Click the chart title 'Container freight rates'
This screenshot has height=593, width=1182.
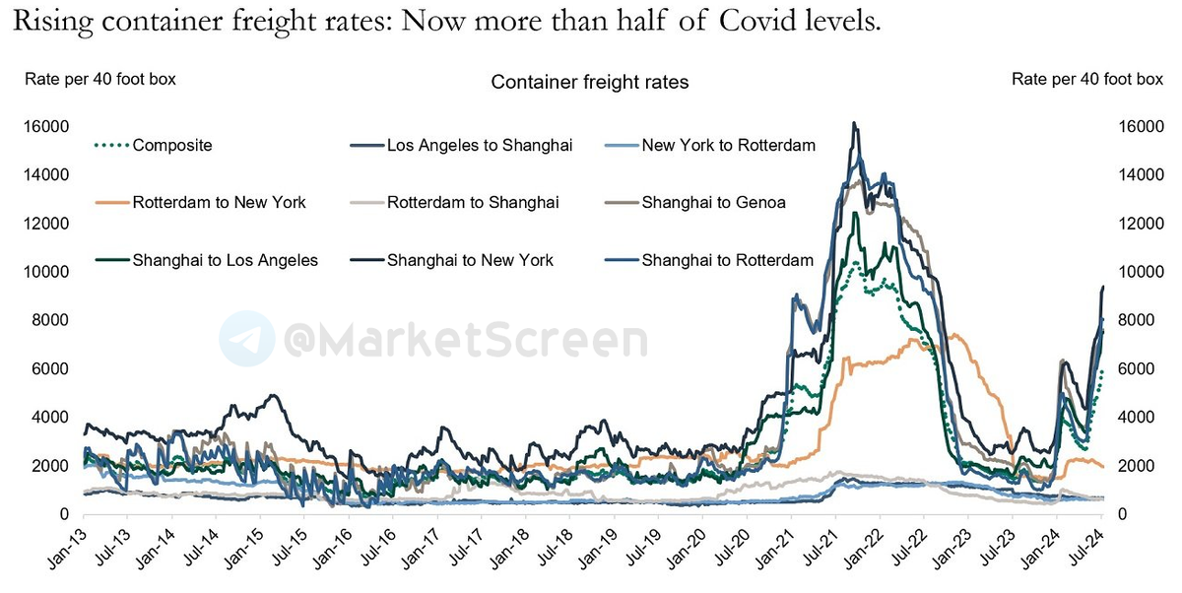589,83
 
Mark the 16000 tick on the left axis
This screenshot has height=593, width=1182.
46,127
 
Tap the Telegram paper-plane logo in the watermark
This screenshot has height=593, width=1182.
246,338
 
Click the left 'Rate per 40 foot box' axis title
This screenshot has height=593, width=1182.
100,79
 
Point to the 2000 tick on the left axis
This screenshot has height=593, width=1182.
50,466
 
